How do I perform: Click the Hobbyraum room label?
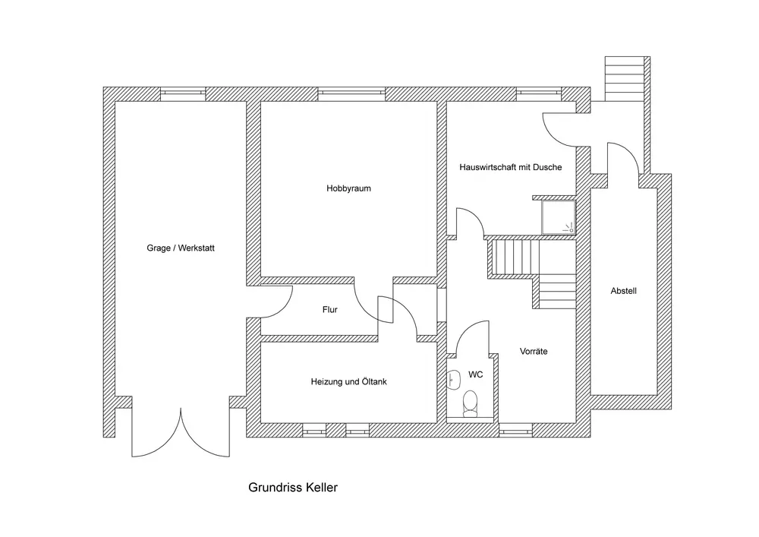[348, 189]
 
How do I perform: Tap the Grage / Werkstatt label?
[180, 248]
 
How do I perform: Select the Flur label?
[329, 310]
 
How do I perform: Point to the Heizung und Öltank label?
[348, 382]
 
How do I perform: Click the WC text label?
[476, 374]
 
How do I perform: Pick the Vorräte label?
[534, 352]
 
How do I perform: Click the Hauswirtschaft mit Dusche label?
[510, 167]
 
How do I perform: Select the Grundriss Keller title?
[293, 488]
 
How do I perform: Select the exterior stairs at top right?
[625, 78]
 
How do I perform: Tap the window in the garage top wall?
[183, 93]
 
